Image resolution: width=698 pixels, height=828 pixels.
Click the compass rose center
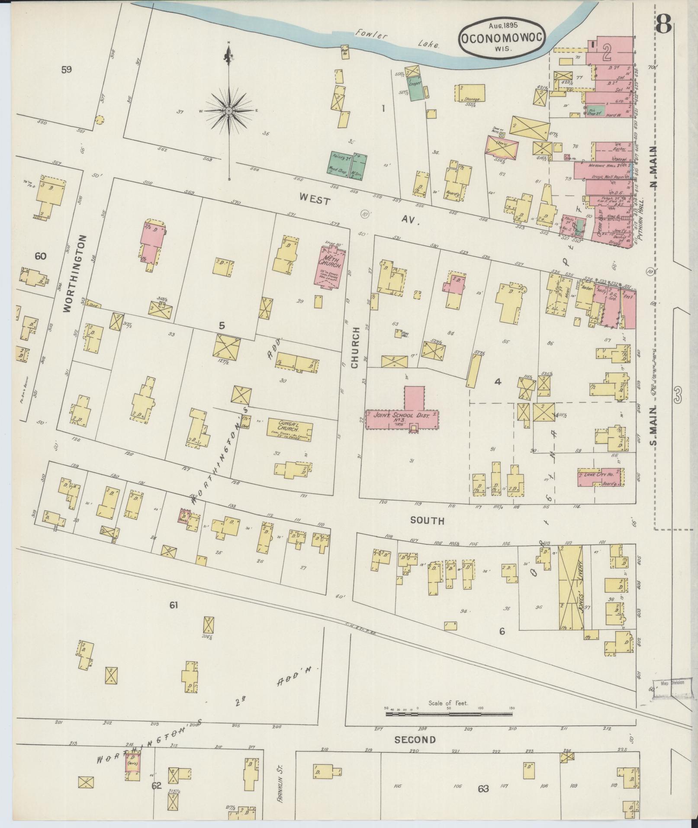coord(229,111)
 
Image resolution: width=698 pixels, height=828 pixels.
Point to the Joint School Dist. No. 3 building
coord(402,417)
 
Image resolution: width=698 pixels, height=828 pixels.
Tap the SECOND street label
coord(415,740)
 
